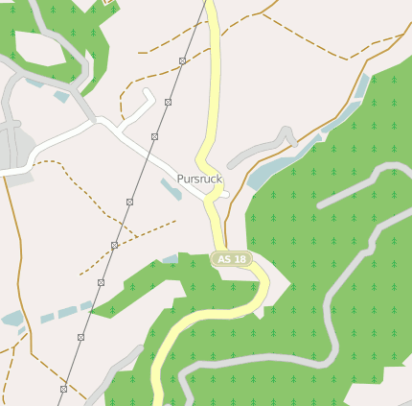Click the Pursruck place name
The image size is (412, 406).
click(199, 179)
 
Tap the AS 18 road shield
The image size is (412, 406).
click(231, 259)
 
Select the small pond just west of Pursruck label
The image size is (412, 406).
click(171, 188)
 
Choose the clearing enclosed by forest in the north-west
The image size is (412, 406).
click(43, 49)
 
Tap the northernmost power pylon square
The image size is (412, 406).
click(181, 60)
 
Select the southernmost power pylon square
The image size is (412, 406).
click(63, 389)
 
